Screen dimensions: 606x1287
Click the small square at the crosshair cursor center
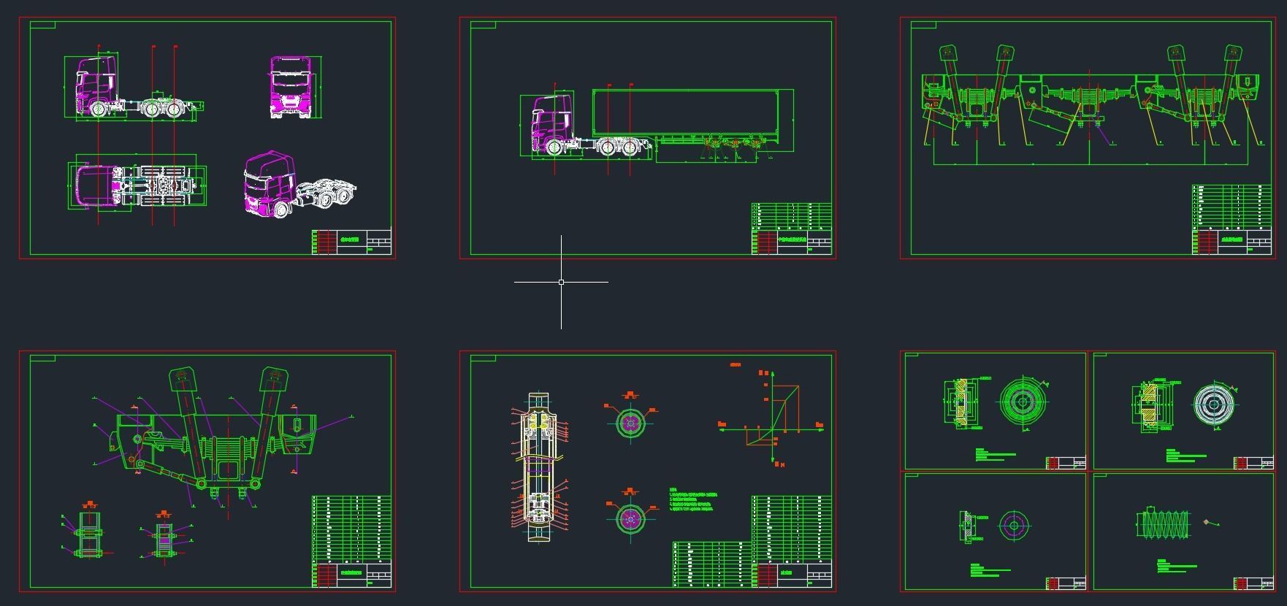(x=561, y=282)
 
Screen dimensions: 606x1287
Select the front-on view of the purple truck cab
(x=294, y=87)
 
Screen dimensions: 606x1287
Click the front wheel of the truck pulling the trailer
(x=554, y=148)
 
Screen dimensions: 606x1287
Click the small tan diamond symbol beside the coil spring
(x=1206, y=522)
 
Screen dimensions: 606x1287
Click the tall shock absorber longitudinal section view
(x=538, y=467)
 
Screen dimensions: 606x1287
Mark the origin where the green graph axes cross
(x=774, y=429)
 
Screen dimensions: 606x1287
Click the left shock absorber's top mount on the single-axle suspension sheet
(x=183, y=380)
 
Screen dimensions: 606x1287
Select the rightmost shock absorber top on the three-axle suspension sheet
(x=1232, y=54)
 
